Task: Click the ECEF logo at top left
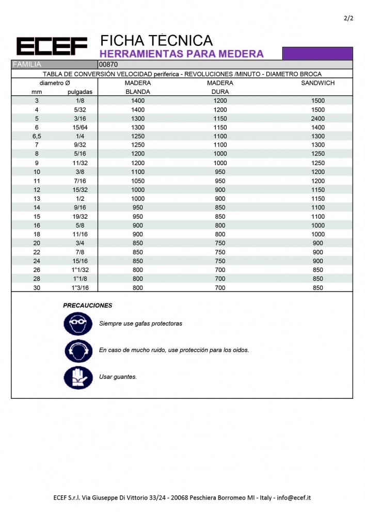tap(52, 47)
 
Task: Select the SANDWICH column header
tap(318, 83)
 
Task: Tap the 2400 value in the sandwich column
tap(318, 118)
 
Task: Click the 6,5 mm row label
tap(37, 136)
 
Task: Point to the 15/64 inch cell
tap(80, 127)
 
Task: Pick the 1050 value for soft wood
tap(138, 181)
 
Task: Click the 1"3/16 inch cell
tap(80, 288)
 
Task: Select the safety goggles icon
tap(78, 324)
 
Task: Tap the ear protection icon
tap(78, 351)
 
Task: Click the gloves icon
tap(78, 377)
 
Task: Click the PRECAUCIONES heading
tap(87, 305)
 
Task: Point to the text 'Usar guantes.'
tap(118, 377)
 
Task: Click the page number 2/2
tap(348, 19)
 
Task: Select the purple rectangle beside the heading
tap(318, 53)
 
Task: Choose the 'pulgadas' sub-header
tap(80, 92)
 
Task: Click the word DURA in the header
tap(220, 92)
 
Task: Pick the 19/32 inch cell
tap(80, 217)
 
